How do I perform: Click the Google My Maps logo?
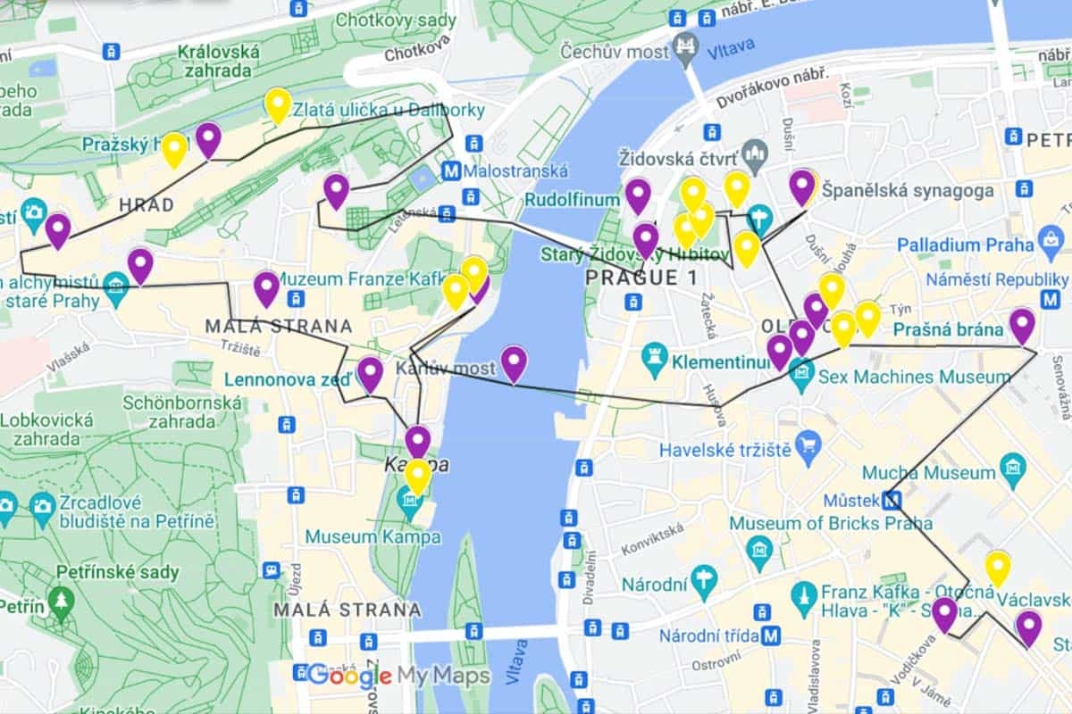pyautogui.click(x=398, y=676)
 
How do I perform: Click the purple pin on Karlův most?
pyautogui.click(x=514, y=363)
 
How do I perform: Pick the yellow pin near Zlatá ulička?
pyautogui.click(x=278, y=105)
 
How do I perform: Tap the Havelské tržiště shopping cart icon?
pyautogui.click(x=808, y=442)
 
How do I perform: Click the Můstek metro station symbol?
pyautogui.click(x=891, y=500)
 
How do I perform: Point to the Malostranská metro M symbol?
pyautogui.click(x=451, y=170)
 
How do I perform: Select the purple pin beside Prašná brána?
pyautogui.click(x=1022, y=325)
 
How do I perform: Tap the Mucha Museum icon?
pyautogui.click(x=1013, y=466)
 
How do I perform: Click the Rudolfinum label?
pyautogui.click(x=572, y=200)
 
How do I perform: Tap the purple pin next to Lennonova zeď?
pyautogui.click(x=370, y=374)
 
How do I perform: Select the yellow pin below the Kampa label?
pyautogui.click(x=417, y=477)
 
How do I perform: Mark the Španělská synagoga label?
pyautogui.click(x=907, y=191)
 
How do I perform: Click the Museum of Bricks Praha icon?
pyautogui.click(x=760, y=549)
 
